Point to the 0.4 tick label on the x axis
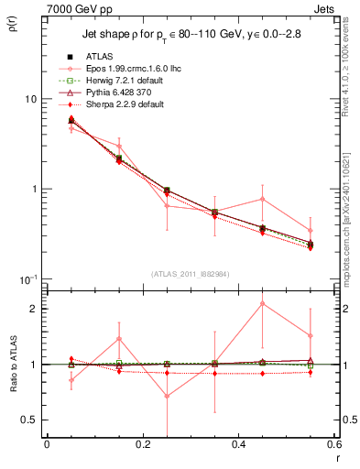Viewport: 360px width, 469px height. point(238,445)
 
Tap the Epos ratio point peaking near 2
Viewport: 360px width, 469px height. point(263,303)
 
